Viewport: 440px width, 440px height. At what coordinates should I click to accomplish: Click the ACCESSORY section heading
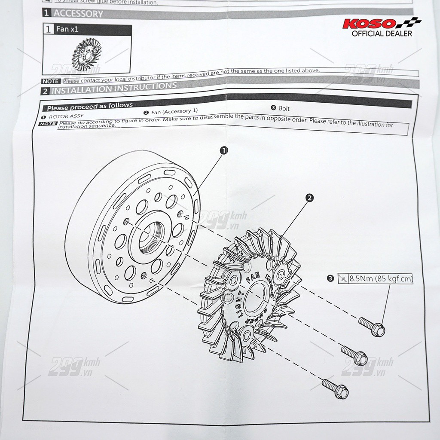(x=78, y=13)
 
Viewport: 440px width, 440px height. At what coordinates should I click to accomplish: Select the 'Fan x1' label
(x=67, y=30)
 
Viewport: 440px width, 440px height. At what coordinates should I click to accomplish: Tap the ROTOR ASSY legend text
(x=66, y=116)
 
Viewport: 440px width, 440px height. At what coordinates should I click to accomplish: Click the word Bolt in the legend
(x=284, y=108)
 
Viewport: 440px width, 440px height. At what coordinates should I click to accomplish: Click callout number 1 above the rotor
(x=223, y=150)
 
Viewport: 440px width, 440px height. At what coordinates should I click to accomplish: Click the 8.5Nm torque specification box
(x=375, y=279)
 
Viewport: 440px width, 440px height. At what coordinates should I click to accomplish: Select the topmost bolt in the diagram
(x=372, y=326)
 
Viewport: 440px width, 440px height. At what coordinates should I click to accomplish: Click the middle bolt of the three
(x=354, y=355)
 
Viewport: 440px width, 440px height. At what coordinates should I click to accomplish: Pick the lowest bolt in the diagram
(x=335, y=388)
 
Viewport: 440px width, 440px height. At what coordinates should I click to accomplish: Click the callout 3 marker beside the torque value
(x=330, y=278)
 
